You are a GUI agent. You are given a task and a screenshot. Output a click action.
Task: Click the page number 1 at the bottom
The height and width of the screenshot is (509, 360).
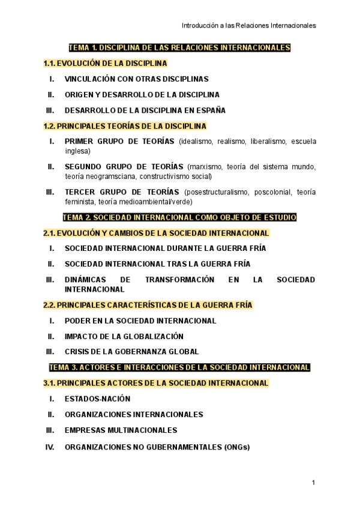[313, 483]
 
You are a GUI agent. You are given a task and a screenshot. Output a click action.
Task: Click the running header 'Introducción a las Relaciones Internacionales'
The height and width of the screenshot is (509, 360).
[249, 25]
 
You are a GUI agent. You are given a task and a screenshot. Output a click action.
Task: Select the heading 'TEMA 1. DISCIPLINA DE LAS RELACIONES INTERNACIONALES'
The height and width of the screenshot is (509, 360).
[179, 47]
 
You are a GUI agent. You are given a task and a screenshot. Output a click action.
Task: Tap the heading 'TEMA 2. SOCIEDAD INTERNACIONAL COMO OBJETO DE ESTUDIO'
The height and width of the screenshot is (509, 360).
[179, 217]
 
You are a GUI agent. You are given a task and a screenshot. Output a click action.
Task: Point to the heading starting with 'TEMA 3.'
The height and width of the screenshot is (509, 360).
[179, 367]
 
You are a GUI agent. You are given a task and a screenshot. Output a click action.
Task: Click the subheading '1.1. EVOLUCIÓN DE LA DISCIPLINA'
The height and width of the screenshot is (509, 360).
[105, 63]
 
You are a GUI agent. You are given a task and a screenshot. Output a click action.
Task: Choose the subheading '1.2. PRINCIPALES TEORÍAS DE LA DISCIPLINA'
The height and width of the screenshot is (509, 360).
[125, 126]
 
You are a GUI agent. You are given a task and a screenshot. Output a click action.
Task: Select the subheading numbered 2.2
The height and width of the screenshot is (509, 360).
[148, 305]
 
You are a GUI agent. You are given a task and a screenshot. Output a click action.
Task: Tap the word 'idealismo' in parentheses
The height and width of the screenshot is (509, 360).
[198, 142]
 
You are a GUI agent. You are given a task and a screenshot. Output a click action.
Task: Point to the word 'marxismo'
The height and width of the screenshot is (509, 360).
[206, 167]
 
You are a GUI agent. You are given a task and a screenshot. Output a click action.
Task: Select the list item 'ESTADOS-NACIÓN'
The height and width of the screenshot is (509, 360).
[97, 399]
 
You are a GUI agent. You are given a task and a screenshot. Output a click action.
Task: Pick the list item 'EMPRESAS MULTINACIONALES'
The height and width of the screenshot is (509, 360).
[121, 430]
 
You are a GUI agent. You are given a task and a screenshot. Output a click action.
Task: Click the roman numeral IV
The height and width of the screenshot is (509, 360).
[50, 447]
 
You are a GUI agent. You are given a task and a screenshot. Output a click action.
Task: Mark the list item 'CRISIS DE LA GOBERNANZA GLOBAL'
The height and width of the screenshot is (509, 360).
[131, 352]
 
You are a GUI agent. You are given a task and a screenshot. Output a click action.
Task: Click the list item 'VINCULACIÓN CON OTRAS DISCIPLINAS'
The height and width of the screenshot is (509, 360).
[136, 79]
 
